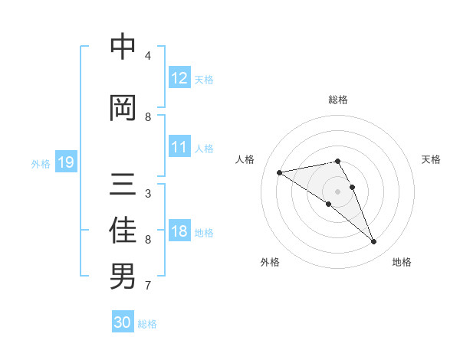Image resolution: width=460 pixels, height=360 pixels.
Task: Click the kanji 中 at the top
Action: pyautogui.click(x=123, y=47)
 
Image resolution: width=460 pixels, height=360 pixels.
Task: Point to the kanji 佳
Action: pyautogui.click(x=123, y=231)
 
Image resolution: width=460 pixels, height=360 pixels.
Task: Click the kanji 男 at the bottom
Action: pyautogui.click(x=123, y=276)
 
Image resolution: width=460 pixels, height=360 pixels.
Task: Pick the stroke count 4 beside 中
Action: pyautogui.click(x=148, y=56)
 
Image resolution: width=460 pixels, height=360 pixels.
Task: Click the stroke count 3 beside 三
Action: pyautogui.click(x=148, y=194)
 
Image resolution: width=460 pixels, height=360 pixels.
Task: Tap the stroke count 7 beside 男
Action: pyautogui.click(x=148, y=286)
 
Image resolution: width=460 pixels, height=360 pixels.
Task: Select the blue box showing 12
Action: pyautogui.click(x=179, y=78)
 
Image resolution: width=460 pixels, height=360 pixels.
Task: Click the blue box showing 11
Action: pyautogui.click(x=179, y=147)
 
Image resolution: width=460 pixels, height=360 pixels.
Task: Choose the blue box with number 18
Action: pyautogui.click(x=179, y=231)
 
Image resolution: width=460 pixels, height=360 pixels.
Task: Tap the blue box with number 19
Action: pyautogui.click(x=66, y=162)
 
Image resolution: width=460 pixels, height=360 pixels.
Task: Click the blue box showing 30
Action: pyautogui.click(x=123, y=322)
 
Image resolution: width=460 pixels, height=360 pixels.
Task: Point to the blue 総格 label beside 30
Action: pyautogui.click(x=147, y=324)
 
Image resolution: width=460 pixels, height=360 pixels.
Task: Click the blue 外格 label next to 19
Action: pyautogui.click(x=41, y=163)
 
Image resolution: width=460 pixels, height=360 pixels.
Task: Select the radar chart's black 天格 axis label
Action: pyautogui.click(x=432, y=159)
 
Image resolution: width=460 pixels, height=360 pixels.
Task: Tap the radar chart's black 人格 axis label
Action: pyautogui.click(x=245, y=159)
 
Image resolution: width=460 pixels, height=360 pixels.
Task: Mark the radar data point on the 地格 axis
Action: pyautogui.click(x=373, y=242)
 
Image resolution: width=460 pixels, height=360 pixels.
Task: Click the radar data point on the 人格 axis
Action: pyautogui.click(x=280, y=172)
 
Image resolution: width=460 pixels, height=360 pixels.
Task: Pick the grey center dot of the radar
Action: pyautogui.click(x=337, y=191)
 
